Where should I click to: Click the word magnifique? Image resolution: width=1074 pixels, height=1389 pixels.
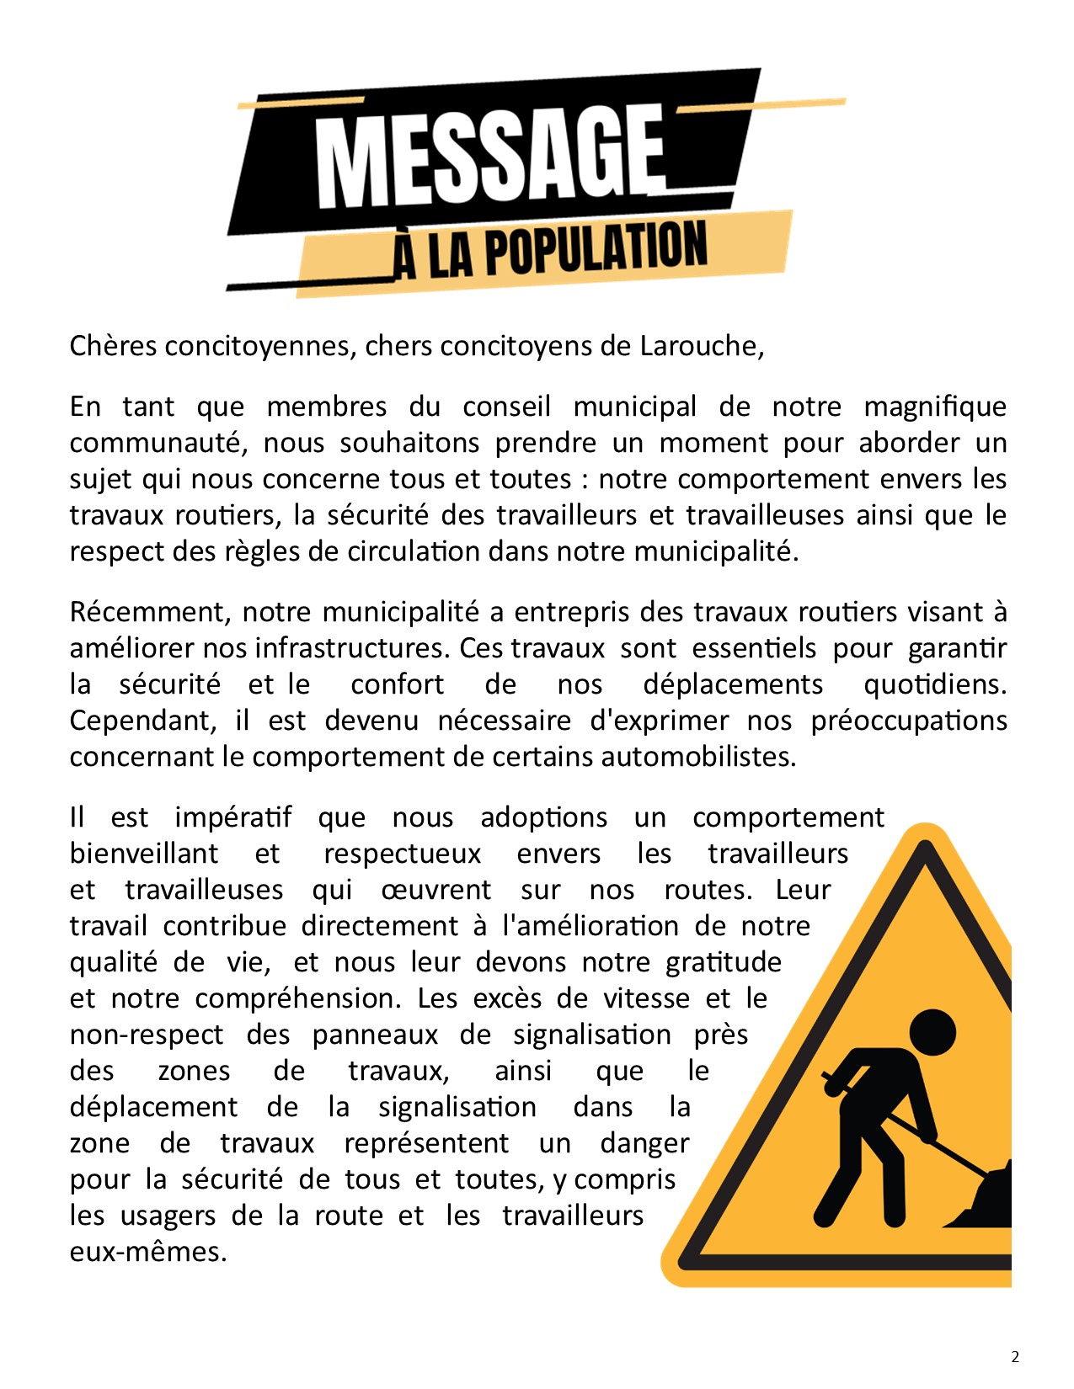pyautogui.click(x=935, y=407)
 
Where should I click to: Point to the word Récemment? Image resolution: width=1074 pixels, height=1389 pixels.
pyautogui.click(x=148, y=612)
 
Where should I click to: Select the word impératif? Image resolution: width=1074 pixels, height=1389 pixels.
pyautogui.click(x=233, y=818)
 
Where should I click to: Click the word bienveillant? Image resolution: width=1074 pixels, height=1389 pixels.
pyautogui.click(x=144, y=854)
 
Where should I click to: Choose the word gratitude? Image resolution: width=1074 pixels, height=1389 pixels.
pyautogui.click(x=724, y=962)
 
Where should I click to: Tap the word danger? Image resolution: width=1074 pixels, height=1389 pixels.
pyautogui.click(x=644, y=1143)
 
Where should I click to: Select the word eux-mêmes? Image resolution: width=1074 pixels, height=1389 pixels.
pyautogui.click(x=148, y=1252)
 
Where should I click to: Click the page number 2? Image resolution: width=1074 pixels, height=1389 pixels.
pyautogui.click(x=1015, y=1356)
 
